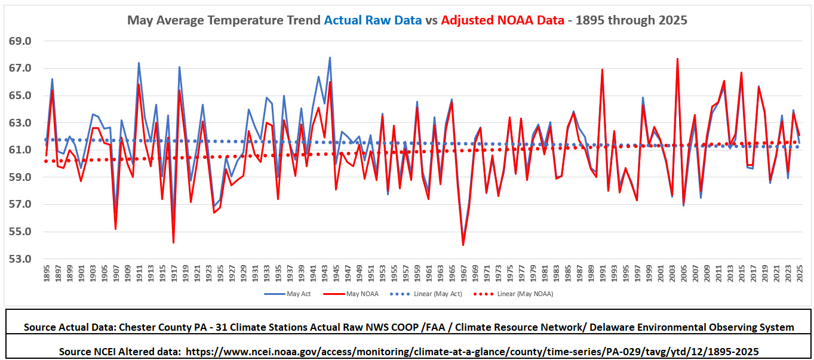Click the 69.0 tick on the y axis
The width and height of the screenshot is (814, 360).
[x=20, y=41]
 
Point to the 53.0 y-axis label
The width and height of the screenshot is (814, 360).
[x=20, y=259]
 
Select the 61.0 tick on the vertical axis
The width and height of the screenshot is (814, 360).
[x=20, y=150]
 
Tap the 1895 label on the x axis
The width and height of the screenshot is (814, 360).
[x=46, y=273]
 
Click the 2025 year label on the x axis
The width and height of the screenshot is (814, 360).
[x=800, y=273]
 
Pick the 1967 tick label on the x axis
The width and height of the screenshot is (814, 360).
[x=463, y=273]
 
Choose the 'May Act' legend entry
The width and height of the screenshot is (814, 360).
[x=287, y=294]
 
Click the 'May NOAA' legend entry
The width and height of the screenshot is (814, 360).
[x=351, y=294]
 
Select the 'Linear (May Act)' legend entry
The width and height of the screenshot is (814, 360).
[x=426, y=294]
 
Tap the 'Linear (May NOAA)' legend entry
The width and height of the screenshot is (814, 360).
[x=514, y=294]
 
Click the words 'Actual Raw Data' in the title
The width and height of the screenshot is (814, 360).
[x=373, y=20]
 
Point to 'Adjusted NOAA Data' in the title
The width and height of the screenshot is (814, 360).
[x=503, y=20]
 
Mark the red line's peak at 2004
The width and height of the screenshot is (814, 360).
[x=677, y=59]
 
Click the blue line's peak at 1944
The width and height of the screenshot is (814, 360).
[x=330, y=57]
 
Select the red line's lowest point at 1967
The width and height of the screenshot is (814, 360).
[x=463, y=245]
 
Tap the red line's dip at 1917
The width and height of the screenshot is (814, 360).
[x=173, y=242]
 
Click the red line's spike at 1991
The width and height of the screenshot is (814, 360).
[x=602, y=69]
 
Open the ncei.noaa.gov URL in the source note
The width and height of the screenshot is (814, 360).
[x=472, y=352]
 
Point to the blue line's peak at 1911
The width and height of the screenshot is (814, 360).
[x=139, y=63]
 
